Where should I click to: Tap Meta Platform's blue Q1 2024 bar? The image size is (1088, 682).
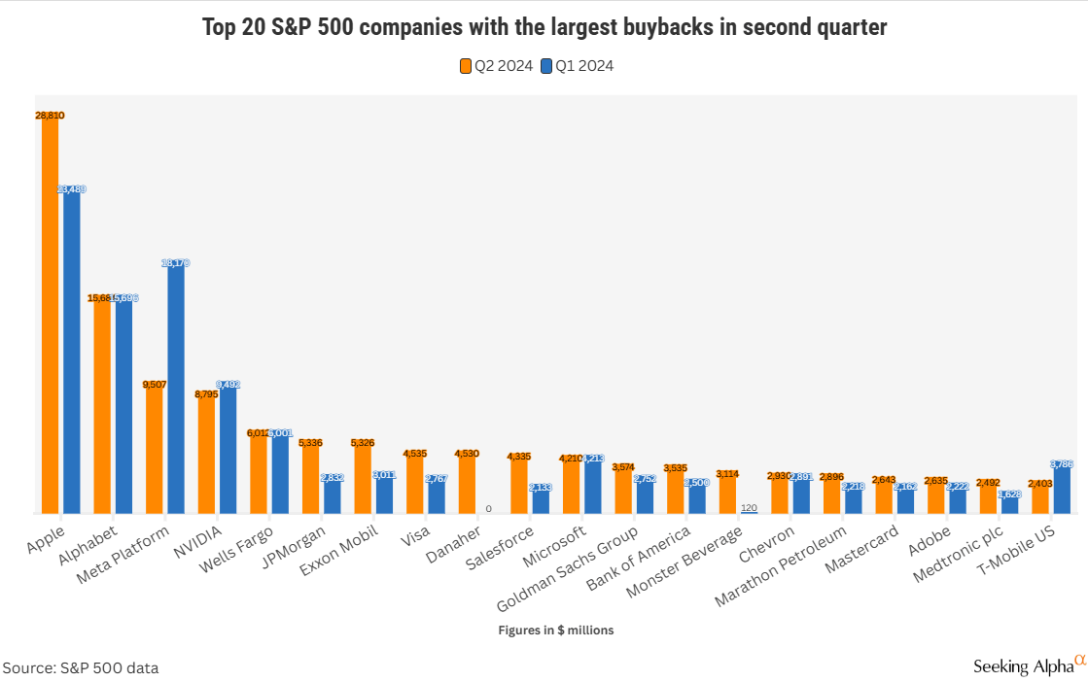pos(176,389)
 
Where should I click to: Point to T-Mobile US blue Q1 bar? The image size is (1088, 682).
pos(1062,491)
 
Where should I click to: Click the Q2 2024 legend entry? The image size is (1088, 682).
pos(496,66)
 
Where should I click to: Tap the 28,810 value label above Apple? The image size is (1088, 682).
pos(50,116)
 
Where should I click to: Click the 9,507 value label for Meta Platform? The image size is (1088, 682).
pos(154,385)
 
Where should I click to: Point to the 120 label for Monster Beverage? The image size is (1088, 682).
pos(749,508)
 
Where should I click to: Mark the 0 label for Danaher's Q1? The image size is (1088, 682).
pos(489,509)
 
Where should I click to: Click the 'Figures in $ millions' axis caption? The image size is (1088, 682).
pos(556,631)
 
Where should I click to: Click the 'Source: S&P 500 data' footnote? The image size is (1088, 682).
pos(81,668)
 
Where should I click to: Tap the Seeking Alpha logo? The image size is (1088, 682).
pos(1029,665)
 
